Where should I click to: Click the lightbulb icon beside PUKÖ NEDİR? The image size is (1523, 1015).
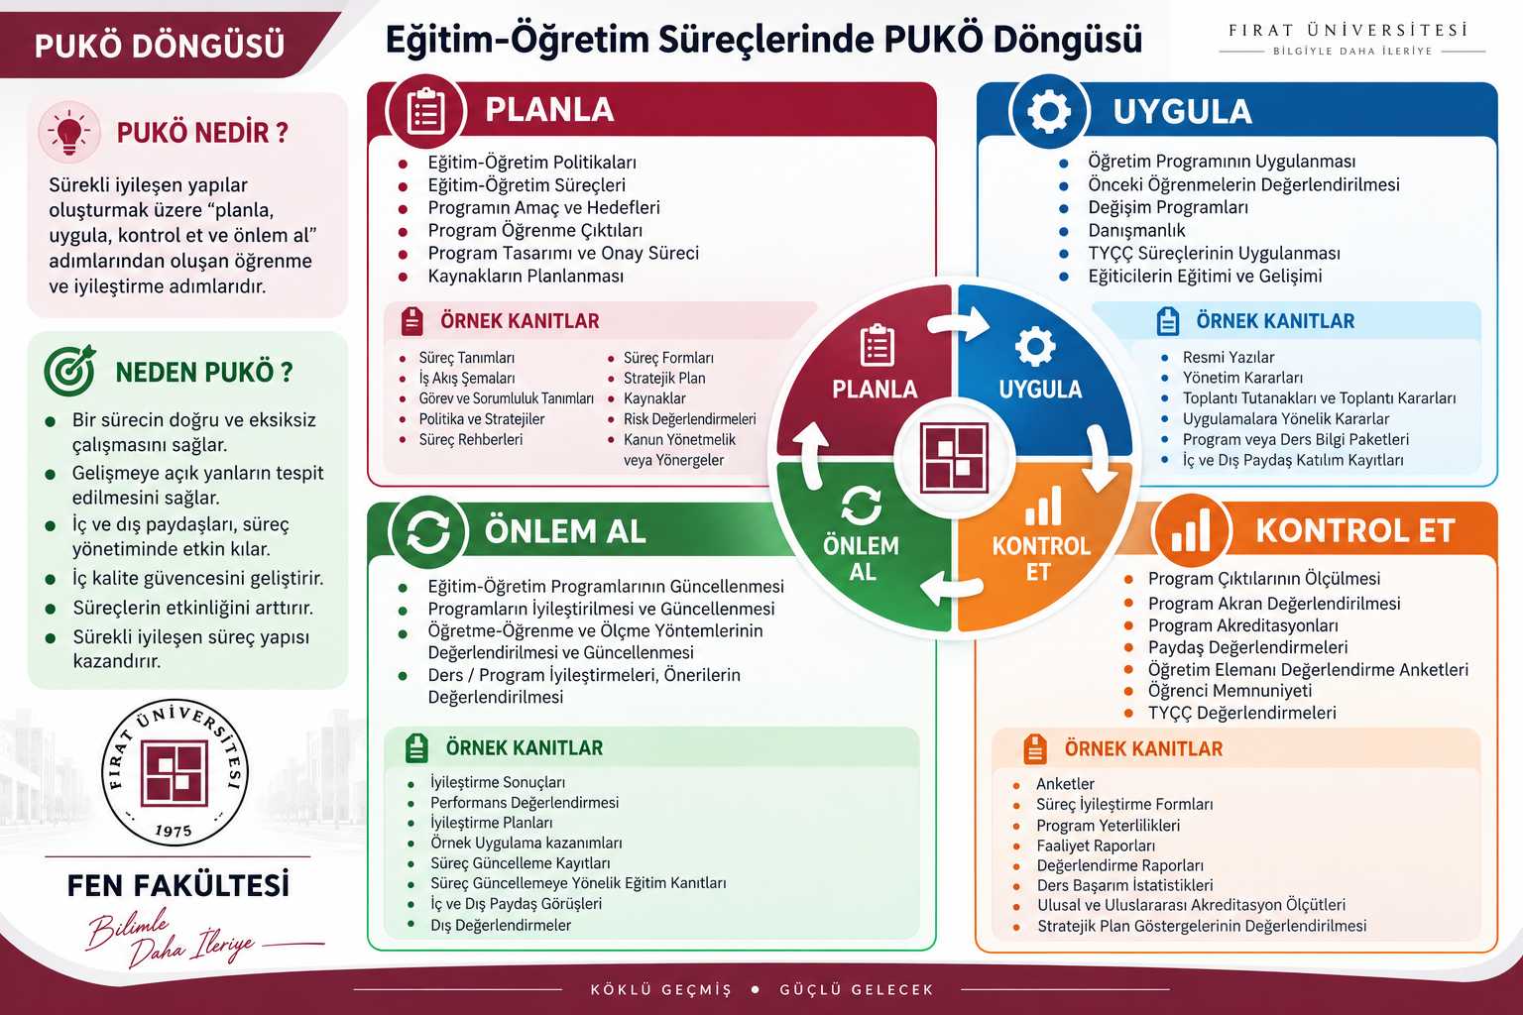click(x=68, y=133)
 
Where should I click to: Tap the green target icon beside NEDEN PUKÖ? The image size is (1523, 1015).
click(x=70, y=371)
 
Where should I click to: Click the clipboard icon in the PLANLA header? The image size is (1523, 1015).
click(x=425, y=111)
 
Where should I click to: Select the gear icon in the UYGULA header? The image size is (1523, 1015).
click(x=1049, y=111)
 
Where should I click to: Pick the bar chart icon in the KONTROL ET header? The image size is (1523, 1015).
click(x=1191, y=530)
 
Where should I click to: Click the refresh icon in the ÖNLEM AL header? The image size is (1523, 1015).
click(x=427, y=531)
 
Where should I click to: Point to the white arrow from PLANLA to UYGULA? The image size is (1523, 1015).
click(x=960, y=323)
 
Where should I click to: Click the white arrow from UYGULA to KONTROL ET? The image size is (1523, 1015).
click(x=1099, y=459)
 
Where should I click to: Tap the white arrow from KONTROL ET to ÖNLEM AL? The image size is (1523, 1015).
click(x=951, y=587)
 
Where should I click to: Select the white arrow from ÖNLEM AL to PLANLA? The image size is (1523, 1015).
click(x=810, y=455)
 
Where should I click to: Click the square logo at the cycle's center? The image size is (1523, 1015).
click(x=954, y=458)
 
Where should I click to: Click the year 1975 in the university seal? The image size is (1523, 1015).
click(x=174, y=830)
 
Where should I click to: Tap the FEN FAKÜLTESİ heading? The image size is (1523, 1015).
click(x=178, y=886)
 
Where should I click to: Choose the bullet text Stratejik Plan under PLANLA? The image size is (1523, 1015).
click(x=664, y=378)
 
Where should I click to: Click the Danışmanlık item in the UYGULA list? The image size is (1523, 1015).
click(x=1136, y=231)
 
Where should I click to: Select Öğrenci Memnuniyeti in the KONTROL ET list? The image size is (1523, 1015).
click(x=1230, y=691)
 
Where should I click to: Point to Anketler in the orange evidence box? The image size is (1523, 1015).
click(x=1065, y=784)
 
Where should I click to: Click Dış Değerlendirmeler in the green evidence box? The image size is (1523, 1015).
click(x=501, y=925)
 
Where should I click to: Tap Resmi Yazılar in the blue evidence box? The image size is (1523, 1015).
click(x=1228, y=357)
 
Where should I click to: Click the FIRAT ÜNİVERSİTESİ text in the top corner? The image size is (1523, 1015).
click(x=1348, y=31)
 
